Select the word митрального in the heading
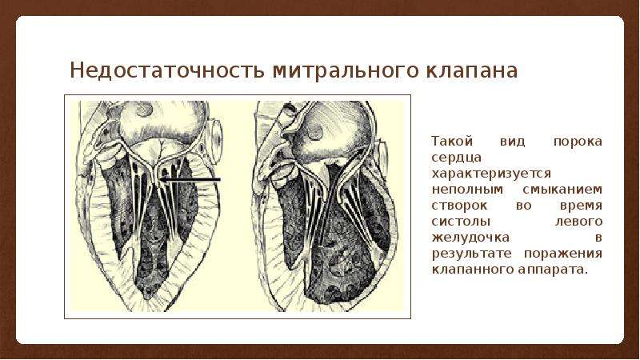[x=346, y=71]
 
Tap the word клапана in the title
[x=472, y=71]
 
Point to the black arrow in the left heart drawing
[x=190, y=179]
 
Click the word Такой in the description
[x=452, y=142]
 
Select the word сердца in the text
[x=456, y=158]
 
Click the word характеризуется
[x=491, y=174]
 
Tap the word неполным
[x=467, y=190]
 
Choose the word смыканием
[x=562, y=190]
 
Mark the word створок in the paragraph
[x=459, y=206]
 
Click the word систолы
[x=462, y=222]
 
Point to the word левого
[x=578, y=222]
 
